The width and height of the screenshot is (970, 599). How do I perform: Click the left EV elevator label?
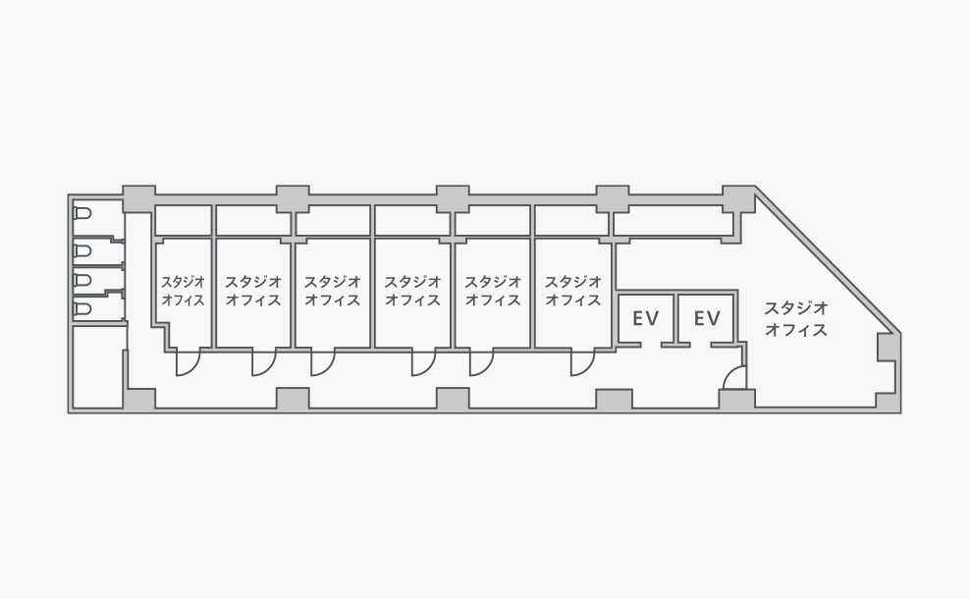point(645,318)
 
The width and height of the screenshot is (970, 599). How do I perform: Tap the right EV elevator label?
point(707,318)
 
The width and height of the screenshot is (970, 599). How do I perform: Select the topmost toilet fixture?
point(82,213)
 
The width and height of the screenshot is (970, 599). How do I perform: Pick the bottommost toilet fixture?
point(82,308)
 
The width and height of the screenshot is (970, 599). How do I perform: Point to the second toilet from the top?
point(82,250)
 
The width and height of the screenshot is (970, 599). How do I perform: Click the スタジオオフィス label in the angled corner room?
point(795,319)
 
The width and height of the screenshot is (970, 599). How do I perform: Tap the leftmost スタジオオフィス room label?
point(184,291)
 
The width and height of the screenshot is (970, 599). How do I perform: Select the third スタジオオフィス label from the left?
point(332,291)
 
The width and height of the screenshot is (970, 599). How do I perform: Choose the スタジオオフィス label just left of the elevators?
point(572,291)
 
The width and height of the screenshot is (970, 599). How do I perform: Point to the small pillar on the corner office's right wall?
point(887,347)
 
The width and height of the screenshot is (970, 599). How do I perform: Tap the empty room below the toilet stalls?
point(98,366)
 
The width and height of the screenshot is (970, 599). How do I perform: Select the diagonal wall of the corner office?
point(827,260)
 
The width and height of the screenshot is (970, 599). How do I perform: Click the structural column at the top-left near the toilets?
point(139,198)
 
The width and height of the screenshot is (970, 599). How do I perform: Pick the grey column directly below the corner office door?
point(736,399)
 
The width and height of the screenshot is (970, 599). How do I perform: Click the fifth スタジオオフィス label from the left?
point(493,291)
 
